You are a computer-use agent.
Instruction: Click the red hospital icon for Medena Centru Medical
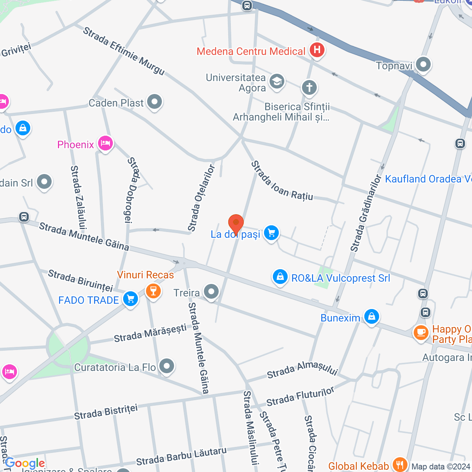(317, 50)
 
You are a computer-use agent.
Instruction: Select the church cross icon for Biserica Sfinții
(309, 88)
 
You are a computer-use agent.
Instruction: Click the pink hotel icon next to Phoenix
(105, 143)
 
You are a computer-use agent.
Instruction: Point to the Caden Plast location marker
(154, 102)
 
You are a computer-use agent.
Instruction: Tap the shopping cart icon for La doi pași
(271, 233)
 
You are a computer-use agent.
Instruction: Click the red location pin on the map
(236, 223)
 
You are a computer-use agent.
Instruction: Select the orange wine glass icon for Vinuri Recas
(153, 291)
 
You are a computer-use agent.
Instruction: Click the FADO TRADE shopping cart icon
(131, 299)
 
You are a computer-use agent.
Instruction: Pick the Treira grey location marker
(211, 292)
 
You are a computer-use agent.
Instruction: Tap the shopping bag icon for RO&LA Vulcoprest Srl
(280, 277)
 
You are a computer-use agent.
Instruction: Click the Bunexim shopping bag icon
(371, 317)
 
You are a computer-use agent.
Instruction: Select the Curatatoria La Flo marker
(167, 367)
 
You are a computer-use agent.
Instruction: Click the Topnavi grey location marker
(423, 65)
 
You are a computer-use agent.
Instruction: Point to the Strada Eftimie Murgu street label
(124, 51)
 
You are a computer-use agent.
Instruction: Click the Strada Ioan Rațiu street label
(282, 181)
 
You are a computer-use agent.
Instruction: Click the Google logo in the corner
(25, 463)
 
